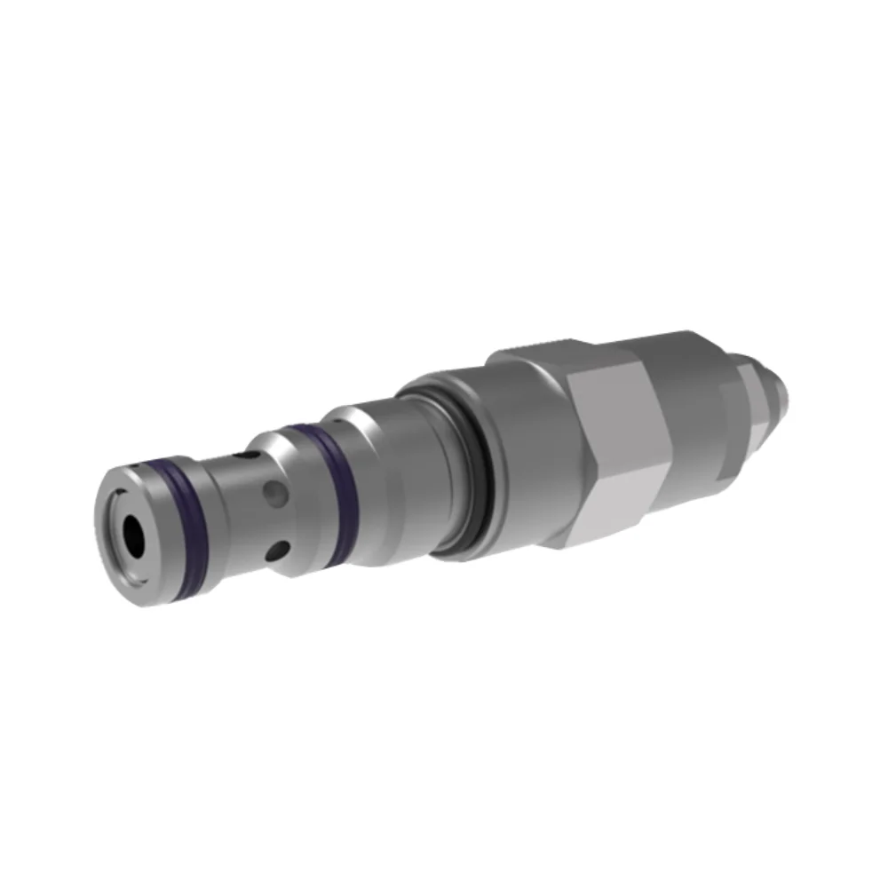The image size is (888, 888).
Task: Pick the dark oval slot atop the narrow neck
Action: pyautogui.click(x=251, y=455)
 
